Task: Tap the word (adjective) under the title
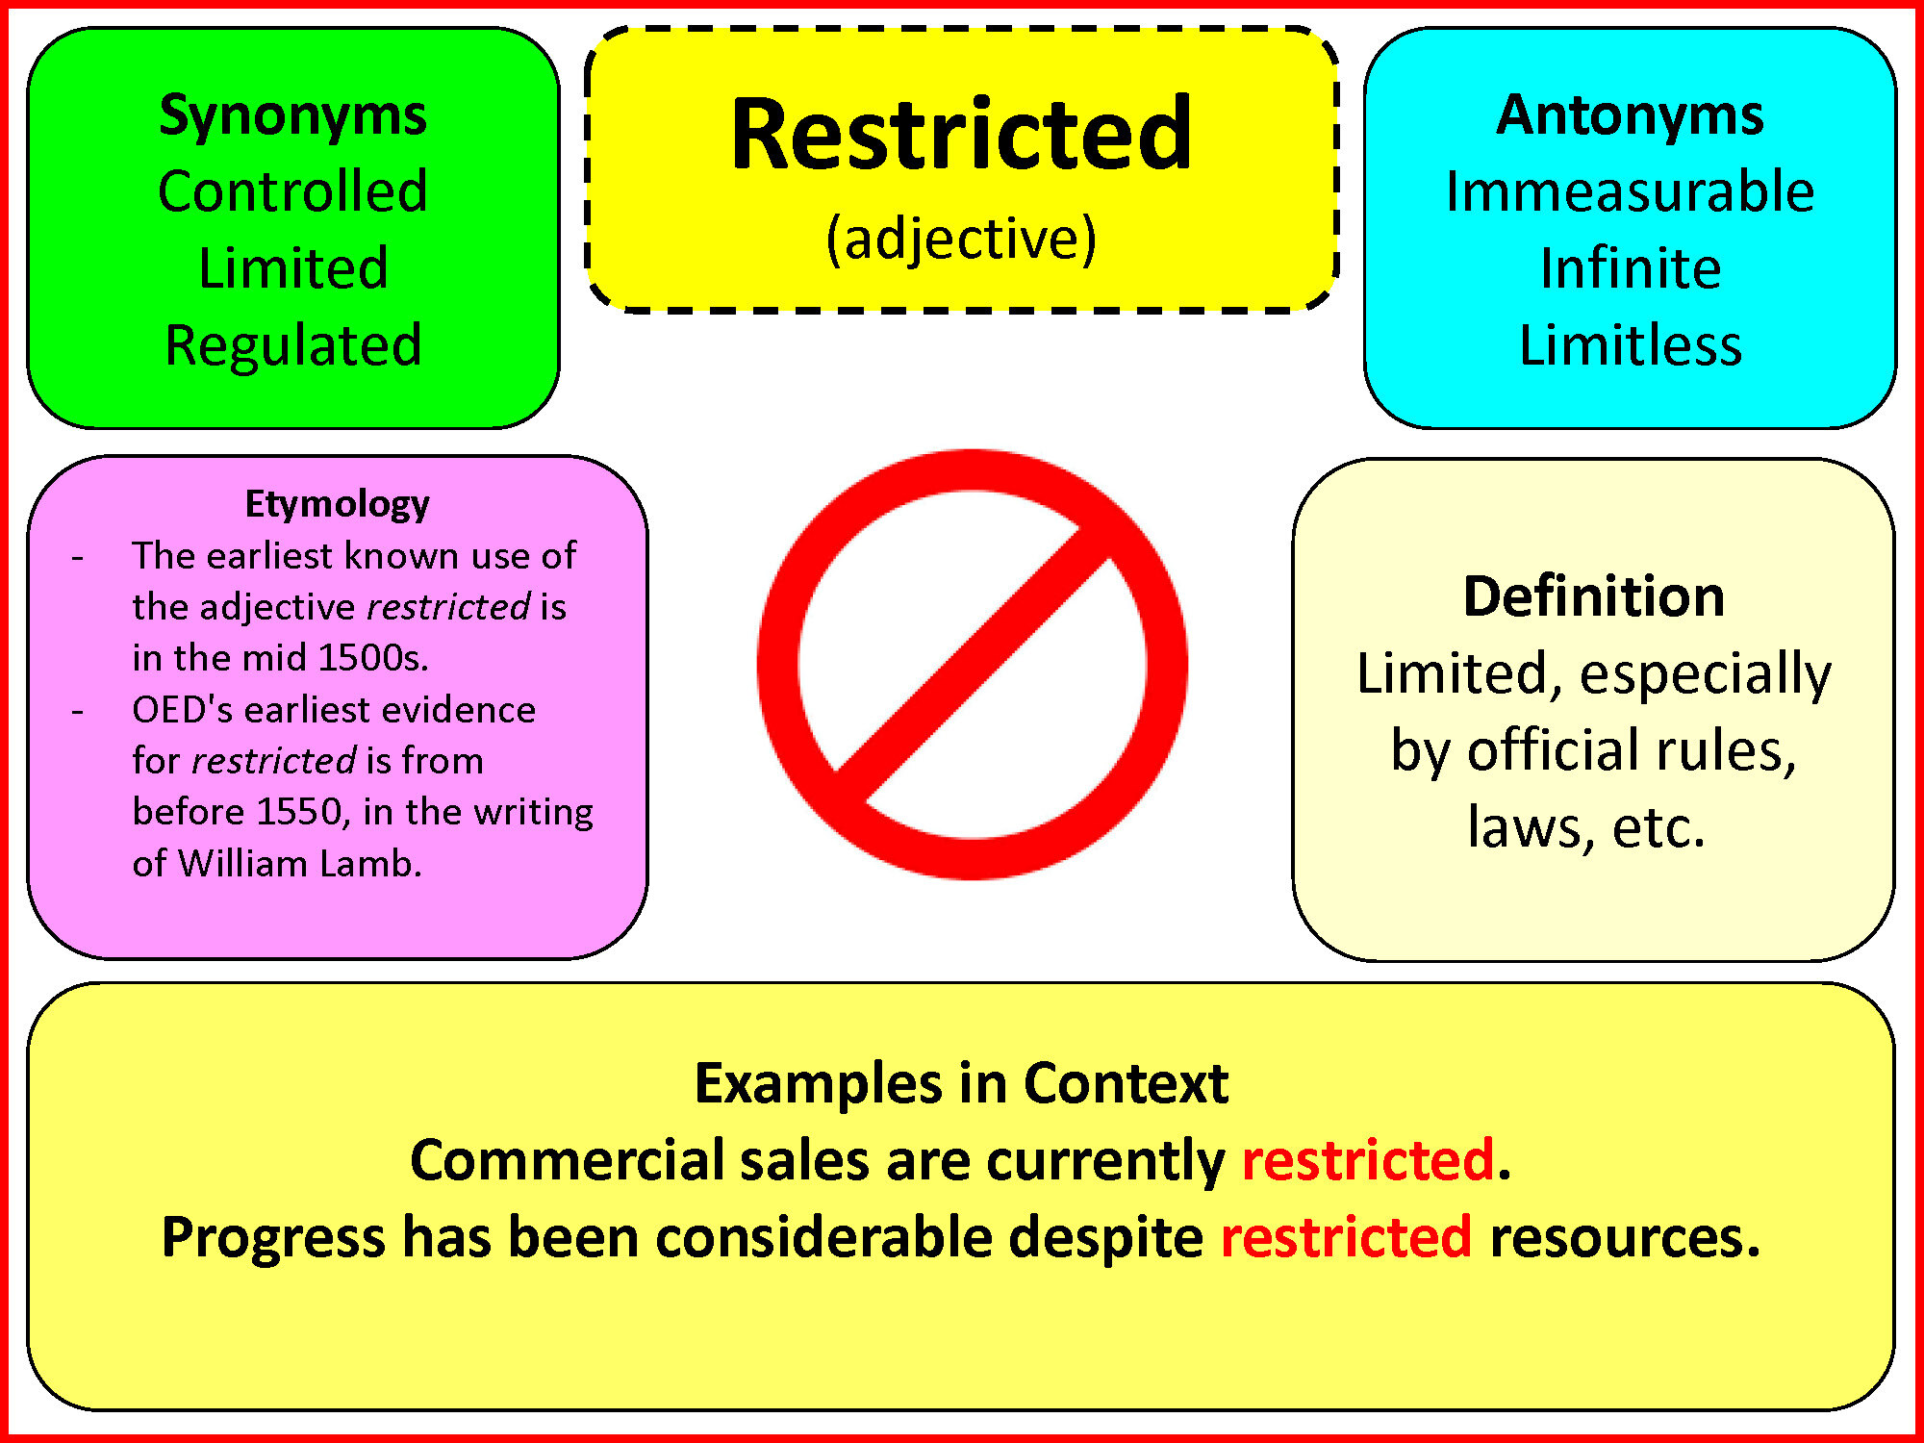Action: [962, 238]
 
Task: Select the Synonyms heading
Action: [293, 117]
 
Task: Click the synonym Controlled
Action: [293, 190]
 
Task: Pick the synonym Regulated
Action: [293, 344]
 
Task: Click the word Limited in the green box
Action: [293, 267]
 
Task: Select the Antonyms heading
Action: [1631, 115]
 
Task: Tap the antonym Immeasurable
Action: [1631, 190]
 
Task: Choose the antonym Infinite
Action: [1631, 267]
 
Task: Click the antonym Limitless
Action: [1631, 344]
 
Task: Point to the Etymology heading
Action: [338, 504]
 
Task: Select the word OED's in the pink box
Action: [183, 710]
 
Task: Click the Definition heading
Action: [1594, 596]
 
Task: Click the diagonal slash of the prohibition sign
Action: [973, 665]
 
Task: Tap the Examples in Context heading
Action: [962, 1083]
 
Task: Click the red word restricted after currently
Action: [1368, 1159]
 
